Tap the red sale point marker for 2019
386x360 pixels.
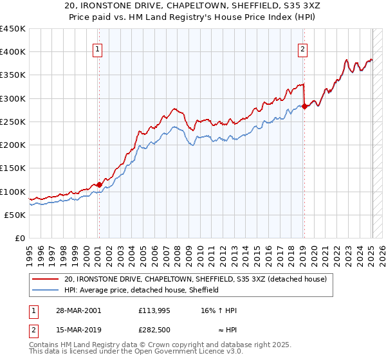[x=304, y=107]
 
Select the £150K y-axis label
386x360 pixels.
[x=13, y=168]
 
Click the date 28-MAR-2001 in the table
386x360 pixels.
[x=73, y=310]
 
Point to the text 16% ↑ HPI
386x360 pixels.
[x=219, y=310]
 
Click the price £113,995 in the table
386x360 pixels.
[x=159, y=310]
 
